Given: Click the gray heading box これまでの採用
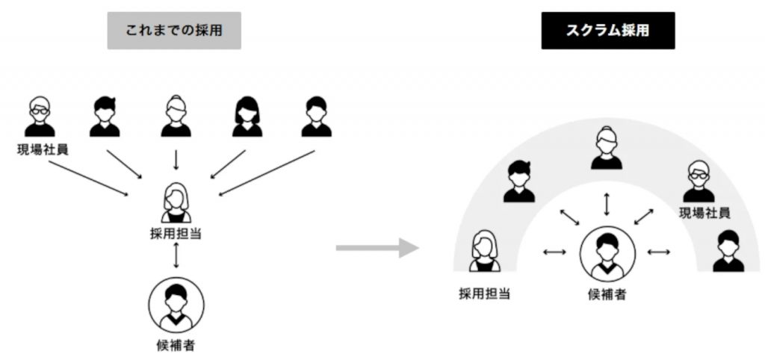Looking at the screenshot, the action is point(174,31).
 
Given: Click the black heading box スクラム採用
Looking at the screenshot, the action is point(608,31).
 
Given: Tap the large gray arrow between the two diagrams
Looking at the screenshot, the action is point(377,248).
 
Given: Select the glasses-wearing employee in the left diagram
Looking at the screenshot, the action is point(40,117).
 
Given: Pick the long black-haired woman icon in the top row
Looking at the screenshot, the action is point(247,117).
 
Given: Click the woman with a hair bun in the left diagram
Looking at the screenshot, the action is point(176,117).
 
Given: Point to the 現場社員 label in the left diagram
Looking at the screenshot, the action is point(42,149).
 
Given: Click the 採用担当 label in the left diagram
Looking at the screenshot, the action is point(176,234).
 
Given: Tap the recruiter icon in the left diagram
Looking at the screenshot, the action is point(176,203).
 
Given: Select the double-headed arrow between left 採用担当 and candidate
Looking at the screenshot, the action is point(176,255).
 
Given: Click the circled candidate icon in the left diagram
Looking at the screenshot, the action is point(176,305).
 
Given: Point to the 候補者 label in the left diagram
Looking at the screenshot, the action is point(176,346).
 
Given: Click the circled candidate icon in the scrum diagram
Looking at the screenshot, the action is point(607,254).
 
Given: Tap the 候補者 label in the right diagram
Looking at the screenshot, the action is point(607,294).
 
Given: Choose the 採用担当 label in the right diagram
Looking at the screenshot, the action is point(484,294).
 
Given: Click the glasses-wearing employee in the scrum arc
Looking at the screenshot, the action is point(699,182).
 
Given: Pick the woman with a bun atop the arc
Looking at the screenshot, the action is point(607,149).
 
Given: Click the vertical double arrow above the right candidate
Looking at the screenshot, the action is point(607,205).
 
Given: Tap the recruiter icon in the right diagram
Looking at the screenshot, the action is point(484,251).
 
